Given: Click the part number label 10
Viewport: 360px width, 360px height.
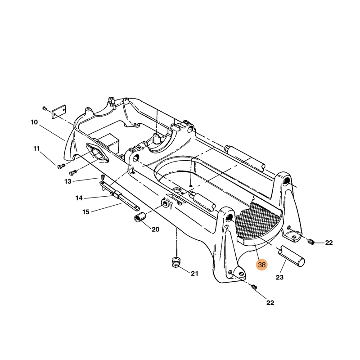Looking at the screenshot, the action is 34,122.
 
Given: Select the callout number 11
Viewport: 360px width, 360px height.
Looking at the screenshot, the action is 36,148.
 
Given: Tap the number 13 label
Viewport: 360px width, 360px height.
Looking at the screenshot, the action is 68,182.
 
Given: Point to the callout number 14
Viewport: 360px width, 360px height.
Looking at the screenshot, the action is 79,198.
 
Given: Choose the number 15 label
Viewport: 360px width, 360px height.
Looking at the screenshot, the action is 86,212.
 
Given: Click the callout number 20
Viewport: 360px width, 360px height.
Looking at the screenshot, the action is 155,229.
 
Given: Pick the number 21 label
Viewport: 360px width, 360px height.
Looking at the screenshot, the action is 194,274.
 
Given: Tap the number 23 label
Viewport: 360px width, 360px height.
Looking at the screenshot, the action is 279,277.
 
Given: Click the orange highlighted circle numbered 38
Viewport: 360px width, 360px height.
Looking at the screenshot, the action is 262,265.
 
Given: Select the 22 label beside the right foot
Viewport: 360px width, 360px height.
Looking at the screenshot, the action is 329,243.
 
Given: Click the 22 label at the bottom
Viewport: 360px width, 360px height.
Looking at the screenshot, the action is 270,303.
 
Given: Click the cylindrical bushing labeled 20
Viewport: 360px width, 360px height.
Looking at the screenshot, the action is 140,217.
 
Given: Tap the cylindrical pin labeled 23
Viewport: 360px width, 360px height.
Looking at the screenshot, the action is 292,256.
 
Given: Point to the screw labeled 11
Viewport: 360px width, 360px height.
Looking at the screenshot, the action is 61,165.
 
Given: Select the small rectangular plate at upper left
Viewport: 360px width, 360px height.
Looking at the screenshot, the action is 59,112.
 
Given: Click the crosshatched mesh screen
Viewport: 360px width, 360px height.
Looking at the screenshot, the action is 256,221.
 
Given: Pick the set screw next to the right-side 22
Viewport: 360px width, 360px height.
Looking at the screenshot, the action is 311,241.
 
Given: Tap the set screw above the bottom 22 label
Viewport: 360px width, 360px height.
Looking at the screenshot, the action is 254,287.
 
